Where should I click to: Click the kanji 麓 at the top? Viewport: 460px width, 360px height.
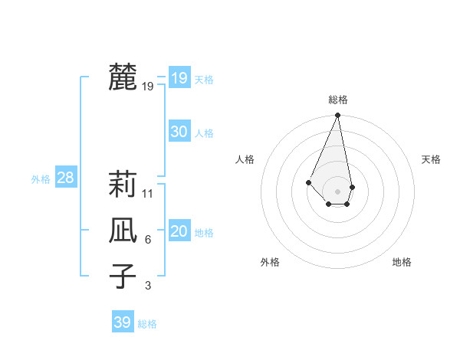pyautogui.click(x=123, y=77)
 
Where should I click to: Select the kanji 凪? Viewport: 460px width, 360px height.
pyautogui.click(x=123, y=230)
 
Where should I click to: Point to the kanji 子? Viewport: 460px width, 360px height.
pyautogui.click(x=123, y=276)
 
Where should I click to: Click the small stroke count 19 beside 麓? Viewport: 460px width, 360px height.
pyautogui.click(x=148, y=87)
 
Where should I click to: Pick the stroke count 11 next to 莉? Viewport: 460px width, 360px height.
pyautogui.click(x=148, y=193)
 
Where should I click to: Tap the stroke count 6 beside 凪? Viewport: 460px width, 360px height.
pyautogui.click(x=148, y=240)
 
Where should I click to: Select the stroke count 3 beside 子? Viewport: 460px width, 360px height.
pyautogui.click(x=148, y=286)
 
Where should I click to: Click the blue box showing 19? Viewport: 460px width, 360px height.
pyautogui.click(x=179, y=77)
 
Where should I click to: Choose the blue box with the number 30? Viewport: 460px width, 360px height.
pyautogui.click(x=179, y=132)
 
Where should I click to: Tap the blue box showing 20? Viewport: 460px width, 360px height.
pyautogui.click(x=179, y=231)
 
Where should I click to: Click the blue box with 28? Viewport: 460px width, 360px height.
pyautogui.click(x=66, y=178)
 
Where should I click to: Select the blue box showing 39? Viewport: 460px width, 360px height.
pyautogui.click(x=122, y=322)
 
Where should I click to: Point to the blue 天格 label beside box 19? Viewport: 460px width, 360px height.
pyautogui.click(x=204, y=80)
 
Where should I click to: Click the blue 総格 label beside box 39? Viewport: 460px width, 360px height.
pyautogui.click(x=147, y=325)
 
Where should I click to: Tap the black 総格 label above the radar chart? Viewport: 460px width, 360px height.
pyautogui.click(x=337, y=100)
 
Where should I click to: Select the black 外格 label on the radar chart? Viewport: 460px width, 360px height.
pyautogui.click(x=270, y=262)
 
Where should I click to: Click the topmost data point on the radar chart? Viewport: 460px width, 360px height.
pyautogui.click(x=337, y=116)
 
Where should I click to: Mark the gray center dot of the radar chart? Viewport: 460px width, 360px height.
pyautogui.click(x=337, y=190)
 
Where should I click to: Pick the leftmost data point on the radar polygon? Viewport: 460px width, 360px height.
pyautogui.click(x=308, y=182)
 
